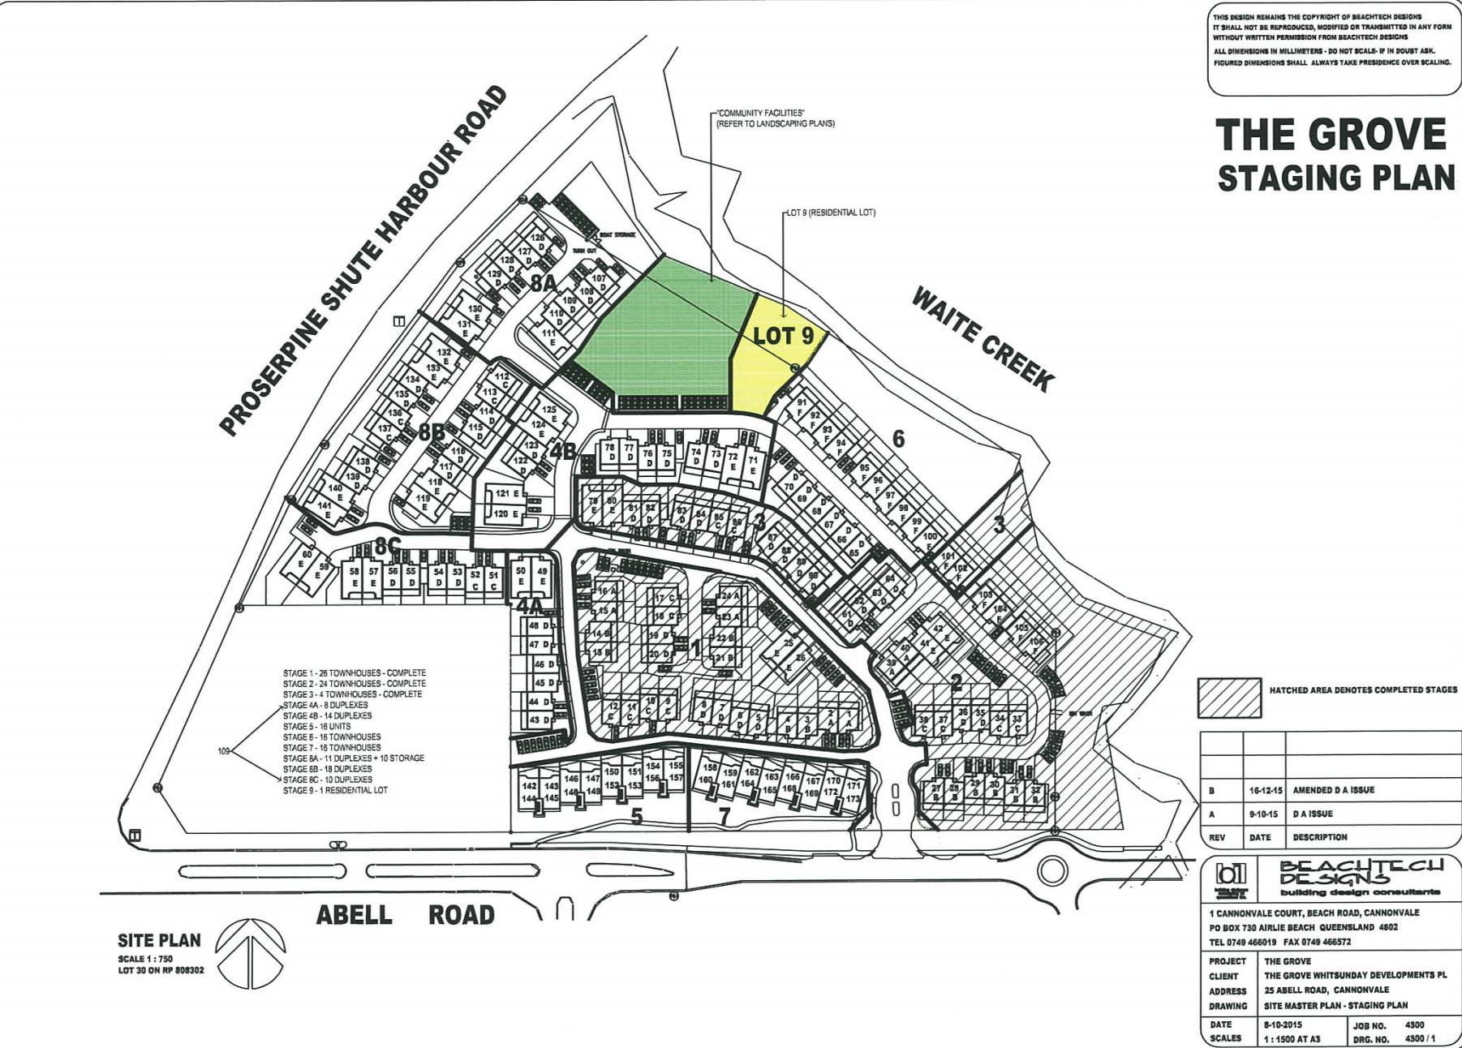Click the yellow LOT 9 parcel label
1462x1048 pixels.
tap(782, 336)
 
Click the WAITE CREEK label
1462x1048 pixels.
tap(983, 338)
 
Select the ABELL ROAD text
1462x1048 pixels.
tap(405, 915)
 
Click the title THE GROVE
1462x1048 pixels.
tap(1331, 135)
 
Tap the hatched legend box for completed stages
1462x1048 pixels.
tap(1229, 698)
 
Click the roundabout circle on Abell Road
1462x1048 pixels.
tap(1052, 872)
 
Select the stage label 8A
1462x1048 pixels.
tap(544, 283)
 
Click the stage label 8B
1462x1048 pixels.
tap(432, 432)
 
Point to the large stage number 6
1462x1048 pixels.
tap(898, 439)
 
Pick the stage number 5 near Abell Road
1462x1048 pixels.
tap(637, 816)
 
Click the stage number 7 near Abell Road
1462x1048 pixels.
tap(725, 815)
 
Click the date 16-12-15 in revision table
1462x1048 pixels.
tap(1265, 789)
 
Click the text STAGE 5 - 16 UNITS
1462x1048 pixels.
tap(316, 726)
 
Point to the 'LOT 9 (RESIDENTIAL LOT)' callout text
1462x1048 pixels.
tap(831, 213)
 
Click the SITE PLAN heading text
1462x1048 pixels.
tap(159, 940)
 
